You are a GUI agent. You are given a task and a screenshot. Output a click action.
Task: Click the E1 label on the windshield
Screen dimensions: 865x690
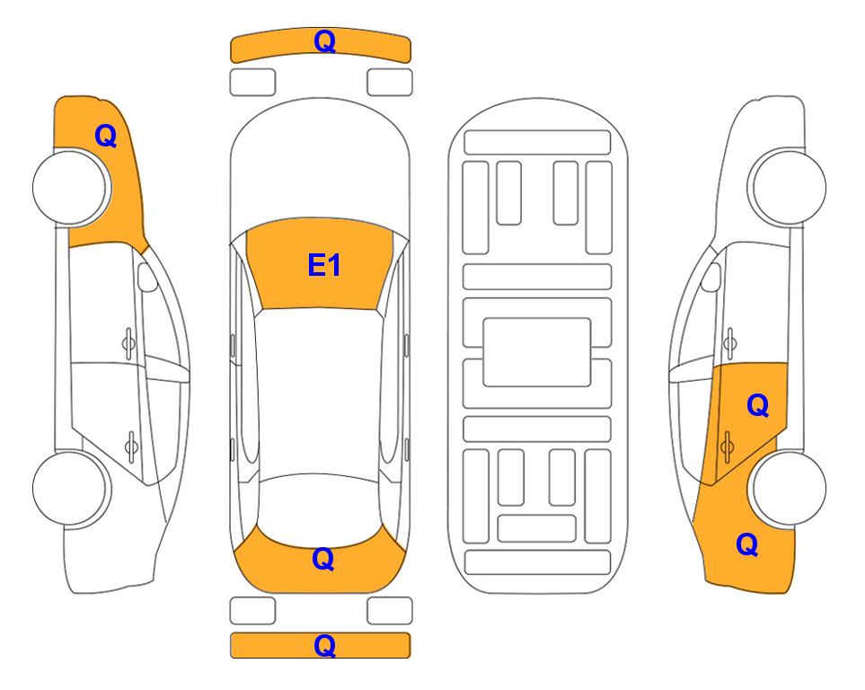click(x=324, y=265)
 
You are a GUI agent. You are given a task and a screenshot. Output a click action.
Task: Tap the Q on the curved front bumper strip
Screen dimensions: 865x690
click(x=324, y=41)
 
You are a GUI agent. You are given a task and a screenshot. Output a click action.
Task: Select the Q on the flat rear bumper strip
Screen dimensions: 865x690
click(x=324, y=645)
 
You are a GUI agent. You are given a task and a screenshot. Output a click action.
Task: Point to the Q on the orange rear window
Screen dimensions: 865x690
click(x=322, y=559)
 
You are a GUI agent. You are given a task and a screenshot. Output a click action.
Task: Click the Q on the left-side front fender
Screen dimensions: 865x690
click(x=105, y=136)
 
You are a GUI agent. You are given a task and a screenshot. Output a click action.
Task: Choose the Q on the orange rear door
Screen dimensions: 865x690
click(x=757, y=406)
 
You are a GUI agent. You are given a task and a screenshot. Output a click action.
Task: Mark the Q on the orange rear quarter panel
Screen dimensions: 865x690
click(x=747, y=544)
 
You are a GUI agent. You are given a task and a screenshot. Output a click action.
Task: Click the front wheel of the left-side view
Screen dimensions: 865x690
click(x=71, y=188)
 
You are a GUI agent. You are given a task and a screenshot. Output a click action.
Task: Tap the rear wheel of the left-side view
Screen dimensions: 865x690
click(x=71, y=488)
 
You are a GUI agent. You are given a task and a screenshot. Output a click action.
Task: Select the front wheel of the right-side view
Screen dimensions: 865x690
click(x=788, y=188)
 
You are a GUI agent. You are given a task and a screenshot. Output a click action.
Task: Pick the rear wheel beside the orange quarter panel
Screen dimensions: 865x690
click(x=788, y=488)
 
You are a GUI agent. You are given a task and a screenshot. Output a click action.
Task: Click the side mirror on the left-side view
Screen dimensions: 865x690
click(x=146, y=277)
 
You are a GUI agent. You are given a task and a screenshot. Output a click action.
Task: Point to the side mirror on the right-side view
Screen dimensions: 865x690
click(x=711, y=277)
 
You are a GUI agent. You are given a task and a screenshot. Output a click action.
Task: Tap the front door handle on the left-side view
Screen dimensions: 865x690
click(x=128, y=344)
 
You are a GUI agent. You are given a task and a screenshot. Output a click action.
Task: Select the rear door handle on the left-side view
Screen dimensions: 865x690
click(x=131, y=446)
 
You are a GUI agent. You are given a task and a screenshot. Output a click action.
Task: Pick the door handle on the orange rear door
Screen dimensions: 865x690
click(x=727, y=446)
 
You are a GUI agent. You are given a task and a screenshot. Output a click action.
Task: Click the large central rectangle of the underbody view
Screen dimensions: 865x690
click(x=537, y=352)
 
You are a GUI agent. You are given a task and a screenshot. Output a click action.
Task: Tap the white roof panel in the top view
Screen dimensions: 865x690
click(x=320, y=392)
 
